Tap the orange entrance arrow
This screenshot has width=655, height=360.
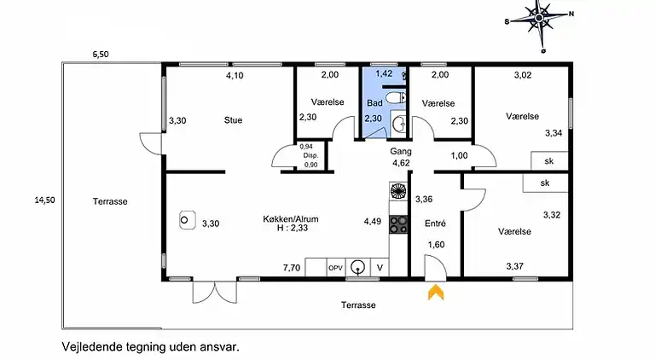click(436, 292)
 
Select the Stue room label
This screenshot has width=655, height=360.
click(233, 120)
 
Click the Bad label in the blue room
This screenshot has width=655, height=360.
click(374, 102)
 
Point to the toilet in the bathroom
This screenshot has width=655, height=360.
click(395, 98)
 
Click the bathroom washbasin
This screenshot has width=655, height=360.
click(399, 123)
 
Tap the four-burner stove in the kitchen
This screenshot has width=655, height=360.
click(398, 224)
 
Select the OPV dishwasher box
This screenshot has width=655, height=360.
click(335, 268)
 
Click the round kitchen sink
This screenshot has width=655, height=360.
click(358, 267)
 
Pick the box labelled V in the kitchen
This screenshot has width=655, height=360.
click(380, 268)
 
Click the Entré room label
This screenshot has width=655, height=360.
click(435, 224)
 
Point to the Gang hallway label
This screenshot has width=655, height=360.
click(401, 151)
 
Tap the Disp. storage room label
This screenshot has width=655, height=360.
click(310, 155)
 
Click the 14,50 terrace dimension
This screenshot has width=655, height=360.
click(44, 200)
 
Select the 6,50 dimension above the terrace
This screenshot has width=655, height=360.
click(101, 55)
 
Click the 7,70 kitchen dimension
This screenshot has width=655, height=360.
click(292, 268)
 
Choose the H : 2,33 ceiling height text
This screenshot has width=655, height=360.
click(293, 228)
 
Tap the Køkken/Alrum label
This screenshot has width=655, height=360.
click(291, 219)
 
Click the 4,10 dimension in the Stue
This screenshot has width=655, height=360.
click(235, 76)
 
